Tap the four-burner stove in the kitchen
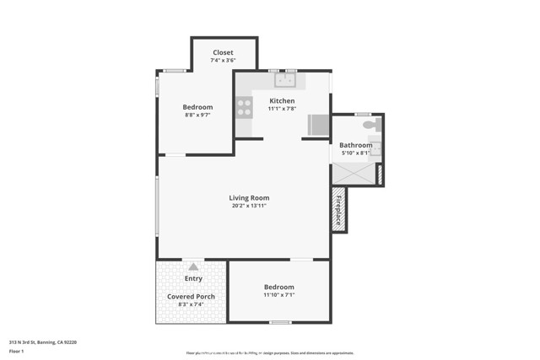(244, 107)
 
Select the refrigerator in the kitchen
(318, 125)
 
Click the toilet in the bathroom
(372, 125)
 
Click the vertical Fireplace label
(339, 209)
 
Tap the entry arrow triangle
(193, 267)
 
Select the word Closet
(223, 52)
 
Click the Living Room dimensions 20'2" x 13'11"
(249, 206)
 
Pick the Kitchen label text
(282, 100)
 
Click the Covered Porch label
(191, 297)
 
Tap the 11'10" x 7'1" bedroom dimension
(278, 295)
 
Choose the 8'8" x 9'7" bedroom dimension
(197, 115)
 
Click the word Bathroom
(356, 145)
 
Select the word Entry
(193, 278)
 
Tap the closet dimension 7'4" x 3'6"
(223, 60)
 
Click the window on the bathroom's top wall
(363, 114)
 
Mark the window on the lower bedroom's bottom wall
(279, 322)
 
